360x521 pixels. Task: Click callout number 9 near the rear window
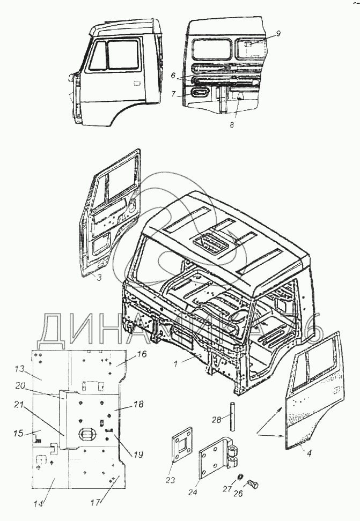(279, 34)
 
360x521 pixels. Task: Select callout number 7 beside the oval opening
(173, 94)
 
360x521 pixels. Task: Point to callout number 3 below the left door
(99, 278)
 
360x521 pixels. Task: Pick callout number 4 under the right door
(310, 453)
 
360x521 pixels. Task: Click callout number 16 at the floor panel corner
(141, 355)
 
